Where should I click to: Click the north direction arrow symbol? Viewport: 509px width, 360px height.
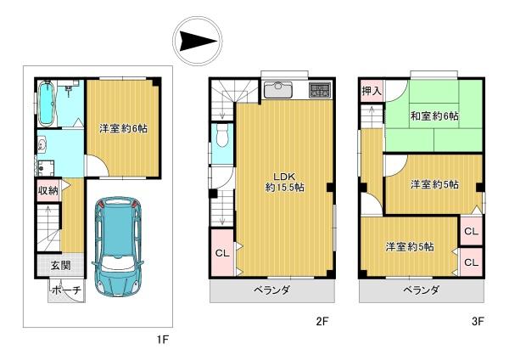[198, 42]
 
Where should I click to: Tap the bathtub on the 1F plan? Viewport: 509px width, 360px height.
[46, 103]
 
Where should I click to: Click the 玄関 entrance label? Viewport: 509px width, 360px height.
[61, 266]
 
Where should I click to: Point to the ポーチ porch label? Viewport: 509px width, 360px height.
[66, 290]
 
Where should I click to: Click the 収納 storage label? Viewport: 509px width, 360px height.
[48, 190]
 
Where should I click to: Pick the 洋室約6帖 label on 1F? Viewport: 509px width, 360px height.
[123, 129]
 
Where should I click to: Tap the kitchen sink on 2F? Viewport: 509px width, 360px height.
[278, 90]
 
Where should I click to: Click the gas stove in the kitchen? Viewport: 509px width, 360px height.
[320, 90]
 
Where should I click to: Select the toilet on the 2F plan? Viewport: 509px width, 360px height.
[222, 136]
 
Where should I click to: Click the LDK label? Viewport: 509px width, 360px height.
[284, 177]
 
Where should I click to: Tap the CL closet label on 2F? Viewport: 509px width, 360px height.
[222, 253]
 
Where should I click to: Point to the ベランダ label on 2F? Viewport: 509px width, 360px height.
[271, 290]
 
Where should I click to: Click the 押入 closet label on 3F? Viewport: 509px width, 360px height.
[372, 91]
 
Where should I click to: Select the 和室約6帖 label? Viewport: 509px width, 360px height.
[434, 115]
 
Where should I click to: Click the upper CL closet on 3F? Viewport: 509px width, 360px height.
[472, 231]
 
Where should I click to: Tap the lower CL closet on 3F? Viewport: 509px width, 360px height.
[472, 262]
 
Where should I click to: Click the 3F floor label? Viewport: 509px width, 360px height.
[478, 322]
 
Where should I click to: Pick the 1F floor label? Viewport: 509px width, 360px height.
[163, 340]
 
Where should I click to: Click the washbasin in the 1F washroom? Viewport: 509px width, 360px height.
[42, 145]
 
